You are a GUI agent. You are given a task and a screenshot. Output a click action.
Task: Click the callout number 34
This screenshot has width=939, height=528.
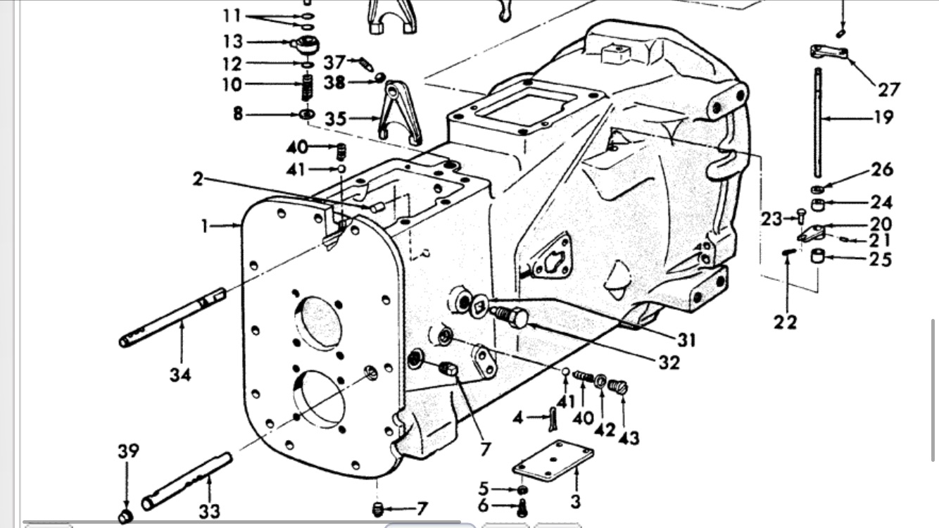[180, 375]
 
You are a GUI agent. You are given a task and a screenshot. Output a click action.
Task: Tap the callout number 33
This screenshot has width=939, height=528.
[208, 510]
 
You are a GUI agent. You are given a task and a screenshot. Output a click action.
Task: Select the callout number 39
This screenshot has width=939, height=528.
[128, 451]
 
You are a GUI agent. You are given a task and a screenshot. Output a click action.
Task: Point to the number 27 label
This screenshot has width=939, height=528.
[888, 89]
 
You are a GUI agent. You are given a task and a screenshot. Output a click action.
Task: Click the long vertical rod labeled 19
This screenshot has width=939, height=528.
[819, 123]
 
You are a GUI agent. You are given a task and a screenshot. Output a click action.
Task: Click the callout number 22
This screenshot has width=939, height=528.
[786, 322]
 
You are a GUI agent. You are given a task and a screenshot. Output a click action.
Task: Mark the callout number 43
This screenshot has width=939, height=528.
[629, 437]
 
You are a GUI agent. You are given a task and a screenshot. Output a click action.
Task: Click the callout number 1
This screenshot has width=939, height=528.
[204, 226]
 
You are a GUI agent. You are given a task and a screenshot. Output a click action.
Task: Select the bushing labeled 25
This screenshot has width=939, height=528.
[818, 256]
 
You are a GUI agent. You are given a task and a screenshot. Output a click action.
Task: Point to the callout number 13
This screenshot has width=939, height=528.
[232, 41]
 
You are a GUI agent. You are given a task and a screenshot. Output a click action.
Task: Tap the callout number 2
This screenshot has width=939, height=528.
[198, 179]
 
